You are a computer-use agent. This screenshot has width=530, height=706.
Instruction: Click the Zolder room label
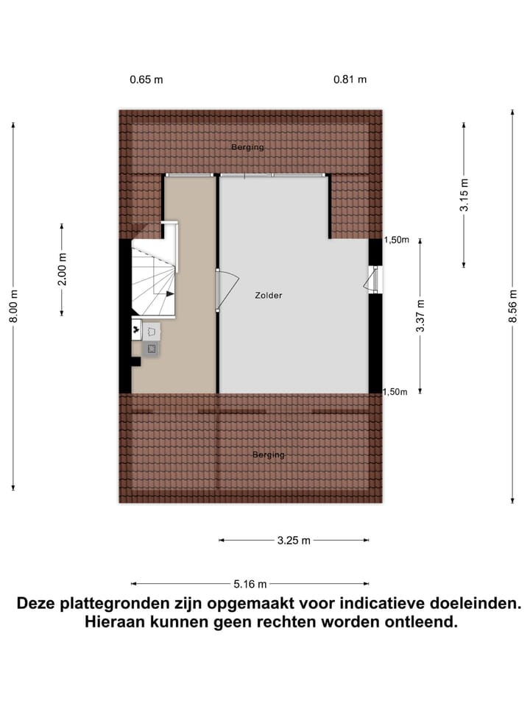pos(269,296)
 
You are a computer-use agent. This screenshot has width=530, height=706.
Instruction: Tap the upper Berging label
pos(247,147)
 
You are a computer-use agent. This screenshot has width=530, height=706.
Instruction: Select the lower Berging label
pos(268,455)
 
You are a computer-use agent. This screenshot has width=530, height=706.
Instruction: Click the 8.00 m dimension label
pos(14,307)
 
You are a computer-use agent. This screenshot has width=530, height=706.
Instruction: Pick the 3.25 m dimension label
pos(294,541)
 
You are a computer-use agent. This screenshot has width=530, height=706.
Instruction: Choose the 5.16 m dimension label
pos(250,584)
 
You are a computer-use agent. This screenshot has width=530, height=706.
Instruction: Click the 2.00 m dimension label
pos(63,270)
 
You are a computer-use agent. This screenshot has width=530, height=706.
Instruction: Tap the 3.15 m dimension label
pos(464,196)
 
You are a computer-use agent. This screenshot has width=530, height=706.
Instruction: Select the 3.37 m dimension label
pos(420,316)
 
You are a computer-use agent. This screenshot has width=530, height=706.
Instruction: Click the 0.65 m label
pos(146,79)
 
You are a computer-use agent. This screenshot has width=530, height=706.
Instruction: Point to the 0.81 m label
pos(350,79)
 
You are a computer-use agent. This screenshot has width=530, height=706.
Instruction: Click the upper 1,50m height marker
pos(395,240)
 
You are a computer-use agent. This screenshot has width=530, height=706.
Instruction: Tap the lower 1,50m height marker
pos(395,392)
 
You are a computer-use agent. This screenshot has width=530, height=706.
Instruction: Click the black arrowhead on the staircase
pos(170,293)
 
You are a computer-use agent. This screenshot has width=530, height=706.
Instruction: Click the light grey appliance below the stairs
pos(152,331)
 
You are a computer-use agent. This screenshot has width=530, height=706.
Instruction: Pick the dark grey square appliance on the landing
pos(152,349)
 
